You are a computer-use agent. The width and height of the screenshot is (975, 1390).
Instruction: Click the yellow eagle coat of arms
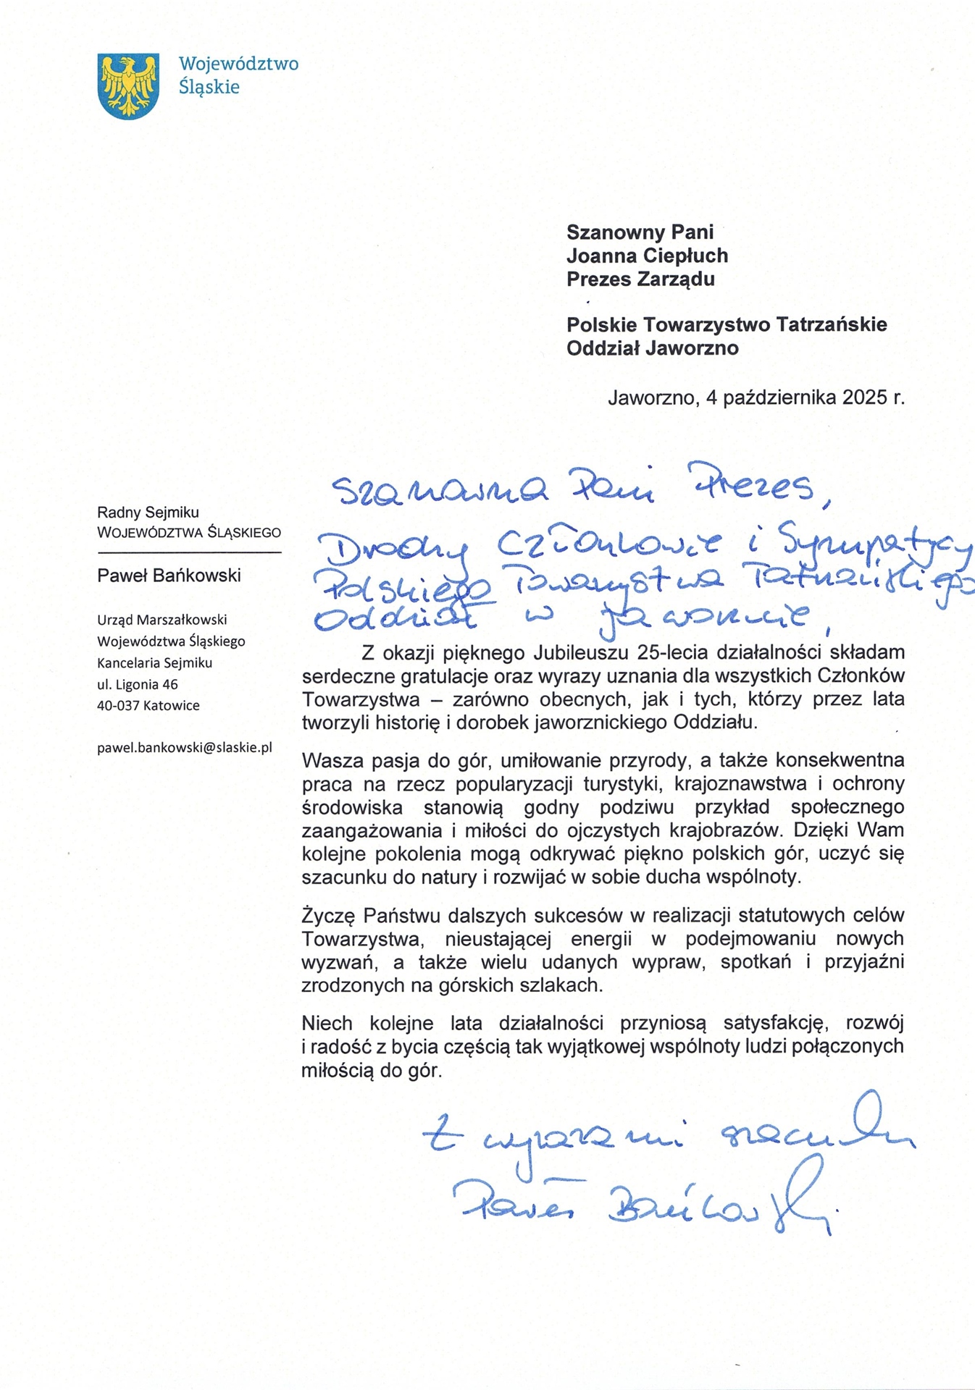(128, 85)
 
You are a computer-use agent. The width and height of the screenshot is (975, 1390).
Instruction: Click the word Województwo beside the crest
(238, 64)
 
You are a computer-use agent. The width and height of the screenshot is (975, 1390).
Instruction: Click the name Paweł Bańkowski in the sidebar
(169, 576)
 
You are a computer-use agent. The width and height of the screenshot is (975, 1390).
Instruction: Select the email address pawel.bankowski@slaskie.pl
(185, 747)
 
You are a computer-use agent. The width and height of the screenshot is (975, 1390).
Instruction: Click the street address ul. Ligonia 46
(138, 684)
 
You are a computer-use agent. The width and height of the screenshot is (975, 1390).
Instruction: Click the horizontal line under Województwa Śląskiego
(189, 553)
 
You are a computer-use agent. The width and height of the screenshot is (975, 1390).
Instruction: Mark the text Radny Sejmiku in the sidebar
(148, 513)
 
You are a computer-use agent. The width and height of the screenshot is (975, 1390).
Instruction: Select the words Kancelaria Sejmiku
(154, 662)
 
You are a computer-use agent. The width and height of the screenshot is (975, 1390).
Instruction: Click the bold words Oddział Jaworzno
(652, 348)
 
